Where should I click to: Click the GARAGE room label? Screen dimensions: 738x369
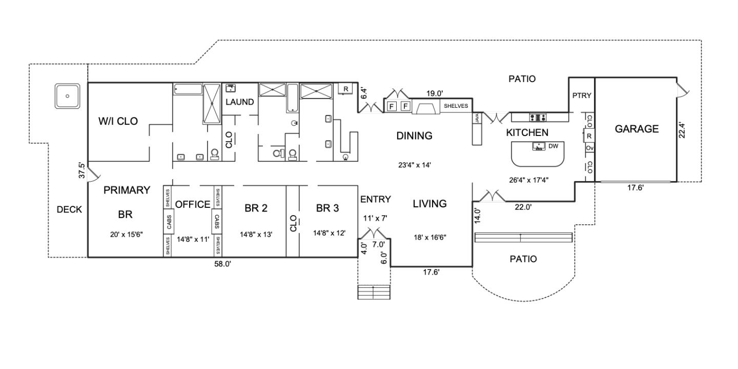(x=637, y=129)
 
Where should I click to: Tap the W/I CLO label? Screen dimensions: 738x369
(x=118, y=121)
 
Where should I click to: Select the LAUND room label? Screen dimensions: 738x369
(x=239, y=102)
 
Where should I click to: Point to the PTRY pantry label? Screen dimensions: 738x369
(x=582, y=95)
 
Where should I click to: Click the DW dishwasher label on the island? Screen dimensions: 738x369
(x=553, y=146)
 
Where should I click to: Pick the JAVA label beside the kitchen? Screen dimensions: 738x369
(x=477, y=118)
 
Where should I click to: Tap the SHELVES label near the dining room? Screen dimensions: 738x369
(x=456, y=106)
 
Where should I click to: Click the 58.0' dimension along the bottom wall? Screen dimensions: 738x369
(x=223, y=264)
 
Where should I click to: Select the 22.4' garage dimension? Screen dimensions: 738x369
(x=682, y=130)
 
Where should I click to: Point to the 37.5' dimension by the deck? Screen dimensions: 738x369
(x=81, y=170)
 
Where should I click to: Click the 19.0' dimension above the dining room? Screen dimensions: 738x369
(x=435, y=93)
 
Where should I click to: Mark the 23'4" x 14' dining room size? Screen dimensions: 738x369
(x=415, y=165)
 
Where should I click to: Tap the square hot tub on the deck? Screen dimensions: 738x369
(x=67, y=96)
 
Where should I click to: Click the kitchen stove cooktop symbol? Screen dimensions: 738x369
(x=538, y=117)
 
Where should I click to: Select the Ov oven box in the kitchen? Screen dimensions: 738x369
(x=589, y=148)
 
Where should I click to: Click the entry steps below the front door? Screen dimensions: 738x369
(x=374, y=292)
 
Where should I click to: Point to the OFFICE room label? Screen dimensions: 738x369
(x=193, y=205)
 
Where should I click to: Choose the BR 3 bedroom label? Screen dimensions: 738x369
(x=327, y=208)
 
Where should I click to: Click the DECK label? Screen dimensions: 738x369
(x=69, y=209)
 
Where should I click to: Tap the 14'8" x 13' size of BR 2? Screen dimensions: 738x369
(x=256, y=235)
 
